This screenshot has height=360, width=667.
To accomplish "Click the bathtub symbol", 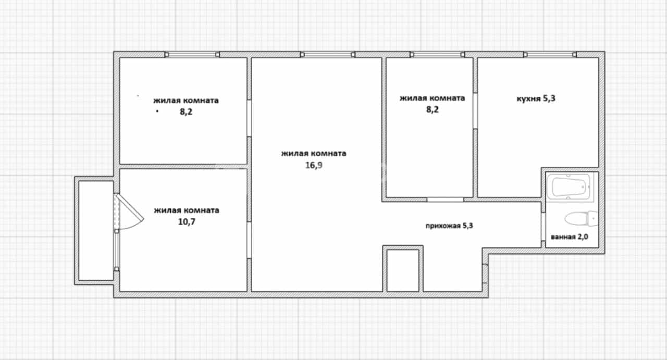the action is [570, 188].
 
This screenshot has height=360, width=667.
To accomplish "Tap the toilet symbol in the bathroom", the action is [581, 219].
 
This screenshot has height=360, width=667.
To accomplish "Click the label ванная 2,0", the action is [570, 237].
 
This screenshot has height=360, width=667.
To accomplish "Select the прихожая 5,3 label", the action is [449, 226].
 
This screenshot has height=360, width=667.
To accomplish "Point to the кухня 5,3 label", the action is [536, 98].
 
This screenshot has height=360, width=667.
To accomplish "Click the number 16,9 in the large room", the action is [314, 165].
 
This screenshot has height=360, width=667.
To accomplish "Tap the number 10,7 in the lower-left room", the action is [187, 222].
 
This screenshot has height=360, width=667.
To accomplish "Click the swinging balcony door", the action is [128, 212].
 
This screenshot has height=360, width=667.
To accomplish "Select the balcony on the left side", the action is [96, 230].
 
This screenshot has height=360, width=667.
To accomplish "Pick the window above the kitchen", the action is [550, 55].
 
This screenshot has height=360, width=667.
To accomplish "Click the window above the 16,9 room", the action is [328, 55].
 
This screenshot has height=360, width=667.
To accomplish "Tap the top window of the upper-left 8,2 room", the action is [192, 55].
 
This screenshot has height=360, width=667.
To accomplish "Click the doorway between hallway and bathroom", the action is [543, 227].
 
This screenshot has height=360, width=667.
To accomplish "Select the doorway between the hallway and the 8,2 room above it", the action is [445, 200].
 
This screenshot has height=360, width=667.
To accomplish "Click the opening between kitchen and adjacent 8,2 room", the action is [475, 111].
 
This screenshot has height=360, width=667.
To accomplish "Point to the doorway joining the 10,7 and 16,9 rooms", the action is [249, 240].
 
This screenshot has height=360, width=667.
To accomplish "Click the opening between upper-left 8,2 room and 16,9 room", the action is [249, 118].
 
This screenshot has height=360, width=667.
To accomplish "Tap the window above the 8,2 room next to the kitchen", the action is [437, 55].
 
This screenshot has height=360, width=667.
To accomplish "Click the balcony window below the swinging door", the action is [116, 250].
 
